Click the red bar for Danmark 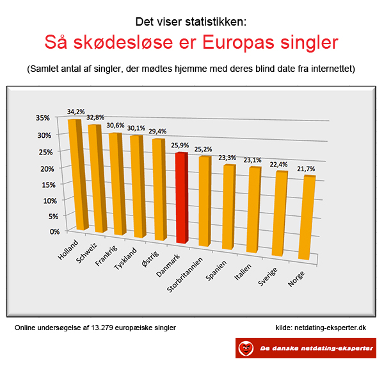click(182, 197)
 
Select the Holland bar click(78, 174)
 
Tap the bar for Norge click(307, 217)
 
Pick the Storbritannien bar click(205, 201)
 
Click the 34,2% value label click(76, 112)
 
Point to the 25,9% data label click(180, 146)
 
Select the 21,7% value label click(306, 169)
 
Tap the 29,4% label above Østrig click(157, 131)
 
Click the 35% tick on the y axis click(43, 118)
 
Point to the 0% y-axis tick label click(54, 231)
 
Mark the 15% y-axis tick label click(49, 185)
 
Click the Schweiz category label click(86, 253)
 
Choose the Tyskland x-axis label click(125, 258)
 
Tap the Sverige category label click(268, 276)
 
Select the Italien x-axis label click(243, 272)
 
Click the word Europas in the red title click(238, 42)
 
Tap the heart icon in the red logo click(246, 348)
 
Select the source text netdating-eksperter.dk click(330, 328)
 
